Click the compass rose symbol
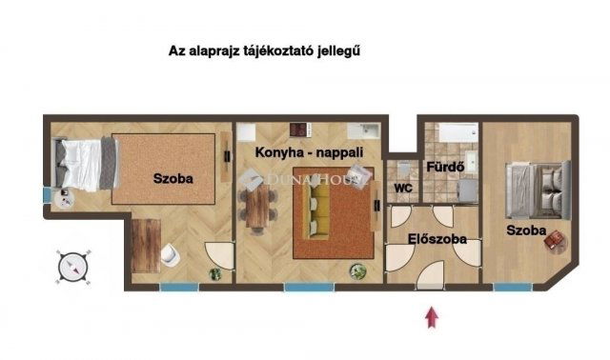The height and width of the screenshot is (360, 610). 73,267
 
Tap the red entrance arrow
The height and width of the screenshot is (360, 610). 432,317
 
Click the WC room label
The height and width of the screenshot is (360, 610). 403,189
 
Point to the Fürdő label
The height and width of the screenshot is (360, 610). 445,167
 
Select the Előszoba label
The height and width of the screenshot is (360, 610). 437,239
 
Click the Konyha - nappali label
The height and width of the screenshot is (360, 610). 309,152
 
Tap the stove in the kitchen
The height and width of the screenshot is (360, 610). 300,130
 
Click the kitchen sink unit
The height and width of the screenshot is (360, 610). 363,131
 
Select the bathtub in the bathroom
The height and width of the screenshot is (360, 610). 457,132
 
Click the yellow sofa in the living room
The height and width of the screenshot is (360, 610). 315,210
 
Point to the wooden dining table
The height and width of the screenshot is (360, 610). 257,206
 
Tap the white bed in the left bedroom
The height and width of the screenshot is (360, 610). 86,164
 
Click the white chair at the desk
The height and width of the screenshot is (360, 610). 170,254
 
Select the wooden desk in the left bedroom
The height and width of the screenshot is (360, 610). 146,246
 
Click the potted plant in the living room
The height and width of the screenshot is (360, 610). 357,271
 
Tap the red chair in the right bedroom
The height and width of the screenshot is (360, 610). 554,239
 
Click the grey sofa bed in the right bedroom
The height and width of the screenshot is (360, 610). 538,190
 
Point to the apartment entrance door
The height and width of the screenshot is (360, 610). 430,275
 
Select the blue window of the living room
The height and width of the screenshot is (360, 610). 309,288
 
